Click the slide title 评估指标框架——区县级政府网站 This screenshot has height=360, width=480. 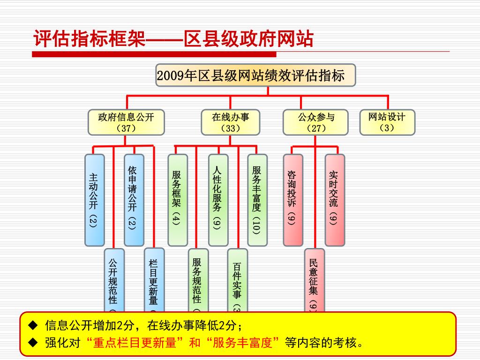click(173, 39)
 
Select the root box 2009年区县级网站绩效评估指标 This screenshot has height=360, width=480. click(255, 75)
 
